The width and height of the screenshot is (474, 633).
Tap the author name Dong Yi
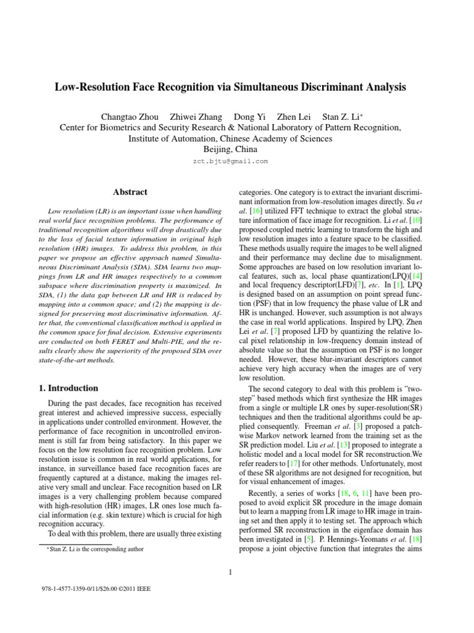[248, 116]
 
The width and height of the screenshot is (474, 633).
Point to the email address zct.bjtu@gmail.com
[230, 161]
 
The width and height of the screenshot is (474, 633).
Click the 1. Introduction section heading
[64, 388]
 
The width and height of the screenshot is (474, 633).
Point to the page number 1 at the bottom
[230, 572]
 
